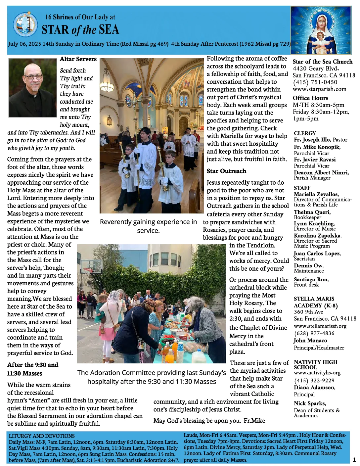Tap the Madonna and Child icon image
pyautogui.click(x=321, y=30)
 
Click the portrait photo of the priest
pyautogui.click(x=32, y=88)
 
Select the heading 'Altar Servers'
pyautogui.click(x=78, y=59)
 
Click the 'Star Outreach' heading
pyautogui.click(x=226, y=171)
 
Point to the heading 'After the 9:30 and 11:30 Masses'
pyautogui.click(x=33, y=369)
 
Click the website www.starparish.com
pyautogui.click(x=319, y=89)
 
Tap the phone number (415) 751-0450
pyautogui.click(x=315, y=82)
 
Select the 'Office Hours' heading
pyautogui.click(x=310, y=98)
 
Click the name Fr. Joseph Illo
pyautogui.click(x=312, y=140)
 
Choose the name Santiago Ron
pyautogui.click(x=311, y=280)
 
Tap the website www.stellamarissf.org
pyautogui.click(x=320, y=326)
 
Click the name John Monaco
pyautogui.click(x=310, y=341)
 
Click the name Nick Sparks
pyautogui.click(x=310, y=403)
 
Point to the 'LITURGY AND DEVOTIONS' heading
pyautogui.click(x=42, y=436)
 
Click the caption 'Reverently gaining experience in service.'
pyautogui.click(x=148, y=226)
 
